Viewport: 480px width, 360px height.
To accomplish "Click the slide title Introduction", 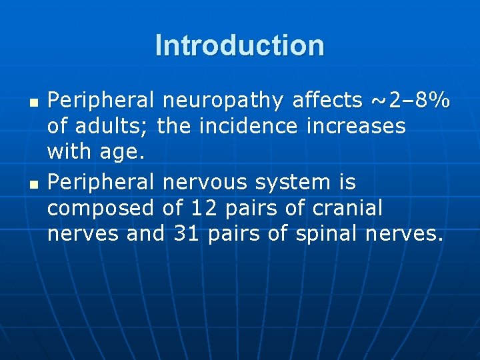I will click(240, 45).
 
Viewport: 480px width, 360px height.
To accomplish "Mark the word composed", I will click(101, 208).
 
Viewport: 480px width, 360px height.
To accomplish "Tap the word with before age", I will click(67, 153).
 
